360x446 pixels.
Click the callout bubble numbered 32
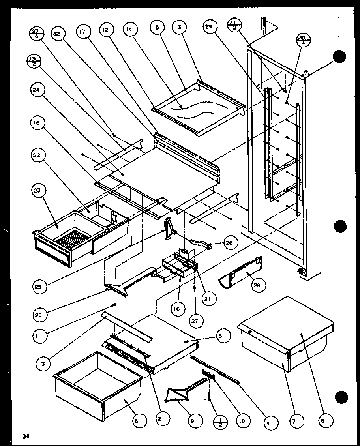coord(56,34)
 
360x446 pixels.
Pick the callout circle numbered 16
coord(176,309)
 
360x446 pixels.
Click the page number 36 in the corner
coord(26,436)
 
